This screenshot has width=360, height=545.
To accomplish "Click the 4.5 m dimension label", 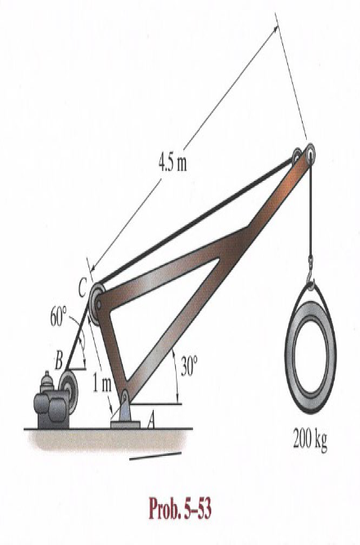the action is (x=173, y=163).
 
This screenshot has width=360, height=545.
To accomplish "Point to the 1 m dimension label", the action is (x=102, y=384).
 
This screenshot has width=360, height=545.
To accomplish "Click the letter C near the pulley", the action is (x=83, y=289).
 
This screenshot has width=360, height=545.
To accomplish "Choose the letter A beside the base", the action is (x=151, y=421).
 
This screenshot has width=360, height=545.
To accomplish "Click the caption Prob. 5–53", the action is (x=180, y=508).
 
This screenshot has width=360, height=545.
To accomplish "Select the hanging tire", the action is (x=310, y=356).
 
